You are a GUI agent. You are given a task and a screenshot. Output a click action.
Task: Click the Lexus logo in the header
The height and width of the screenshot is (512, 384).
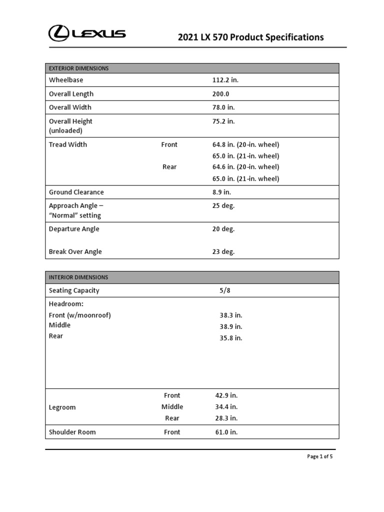pyautogui.click(x=87, y=33)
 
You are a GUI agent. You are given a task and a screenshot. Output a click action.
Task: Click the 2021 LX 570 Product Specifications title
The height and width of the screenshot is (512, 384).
pyautogui.click(x=251, y=37)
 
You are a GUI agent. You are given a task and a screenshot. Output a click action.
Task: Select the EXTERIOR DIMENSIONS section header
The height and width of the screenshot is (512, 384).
pyautogui.click(x=79, y=68)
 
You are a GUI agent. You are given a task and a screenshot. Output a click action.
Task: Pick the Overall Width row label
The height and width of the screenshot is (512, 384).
pyautogui.click(x=70, y=107)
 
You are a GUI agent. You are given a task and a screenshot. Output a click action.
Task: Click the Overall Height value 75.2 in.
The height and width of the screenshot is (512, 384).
pyautogui.click(x=223, y=121)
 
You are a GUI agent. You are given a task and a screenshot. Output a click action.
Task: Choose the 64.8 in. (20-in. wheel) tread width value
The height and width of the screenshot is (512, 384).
pyautogui.click(x=245, y=144)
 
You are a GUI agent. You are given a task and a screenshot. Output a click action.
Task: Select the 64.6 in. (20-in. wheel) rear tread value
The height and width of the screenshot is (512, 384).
pyautogui.click(x=245, y=167)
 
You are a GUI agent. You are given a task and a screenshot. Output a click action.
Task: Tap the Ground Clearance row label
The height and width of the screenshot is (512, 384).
pyautogui.click(x=76, y=192)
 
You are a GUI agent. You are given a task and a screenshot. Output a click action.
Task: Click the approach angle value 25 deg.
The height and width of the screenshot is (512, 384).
pyautogui.click(x=223, y=205)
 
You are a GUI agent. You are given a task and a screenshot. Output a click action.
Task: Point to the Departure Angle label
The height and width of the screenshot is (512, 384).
pyautogui.click(x=74, y=229)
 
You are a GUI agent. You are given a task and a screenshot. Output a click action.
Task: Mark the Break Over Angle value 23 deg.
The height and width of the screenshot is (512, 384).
pyautogui.click(x=223, y=252)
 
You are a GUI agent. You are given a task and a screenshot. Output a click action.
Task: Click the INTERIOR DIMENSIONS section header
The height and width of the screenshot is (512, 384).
pyautogui.click(x=78, y=277)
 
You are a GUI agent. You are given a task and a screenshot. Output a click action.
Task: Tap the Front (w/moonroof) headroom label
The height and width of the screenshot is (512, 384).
pyautogui.click(x=80, y=315)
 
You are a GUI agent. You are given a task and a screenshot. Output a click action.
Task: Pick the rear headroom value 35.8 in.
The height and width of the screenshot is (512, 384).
pyautogui.click(x=230, y=338)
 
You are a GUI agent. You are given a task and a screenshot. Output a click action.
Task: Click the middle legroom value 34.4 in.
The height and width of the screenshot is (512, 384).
pyautogui.click(x=226, y=407)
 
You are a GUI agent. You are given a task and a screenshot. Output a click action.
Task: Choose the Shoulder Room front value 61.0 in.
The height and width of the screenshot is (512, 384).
pyautogui.click(x=226, y=432)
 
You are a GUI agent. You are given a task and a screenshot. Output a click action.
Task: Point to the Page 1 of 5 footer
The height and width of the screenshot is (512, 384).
pyautogui.click(x=319, y=456)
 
